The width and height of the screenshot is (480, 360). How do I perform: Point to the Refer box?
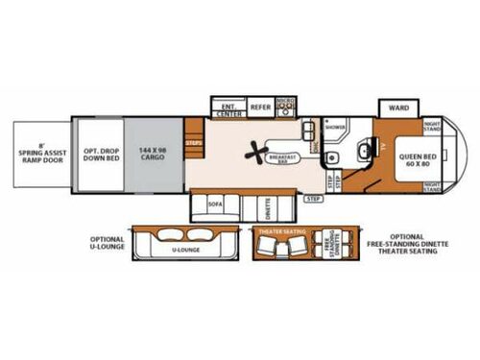click(260, 108)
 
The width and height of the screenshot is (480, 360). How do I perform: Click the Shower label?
click(334, 126)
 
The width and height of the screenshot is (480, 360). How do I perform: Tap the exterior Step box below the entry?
click(313, 198)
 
